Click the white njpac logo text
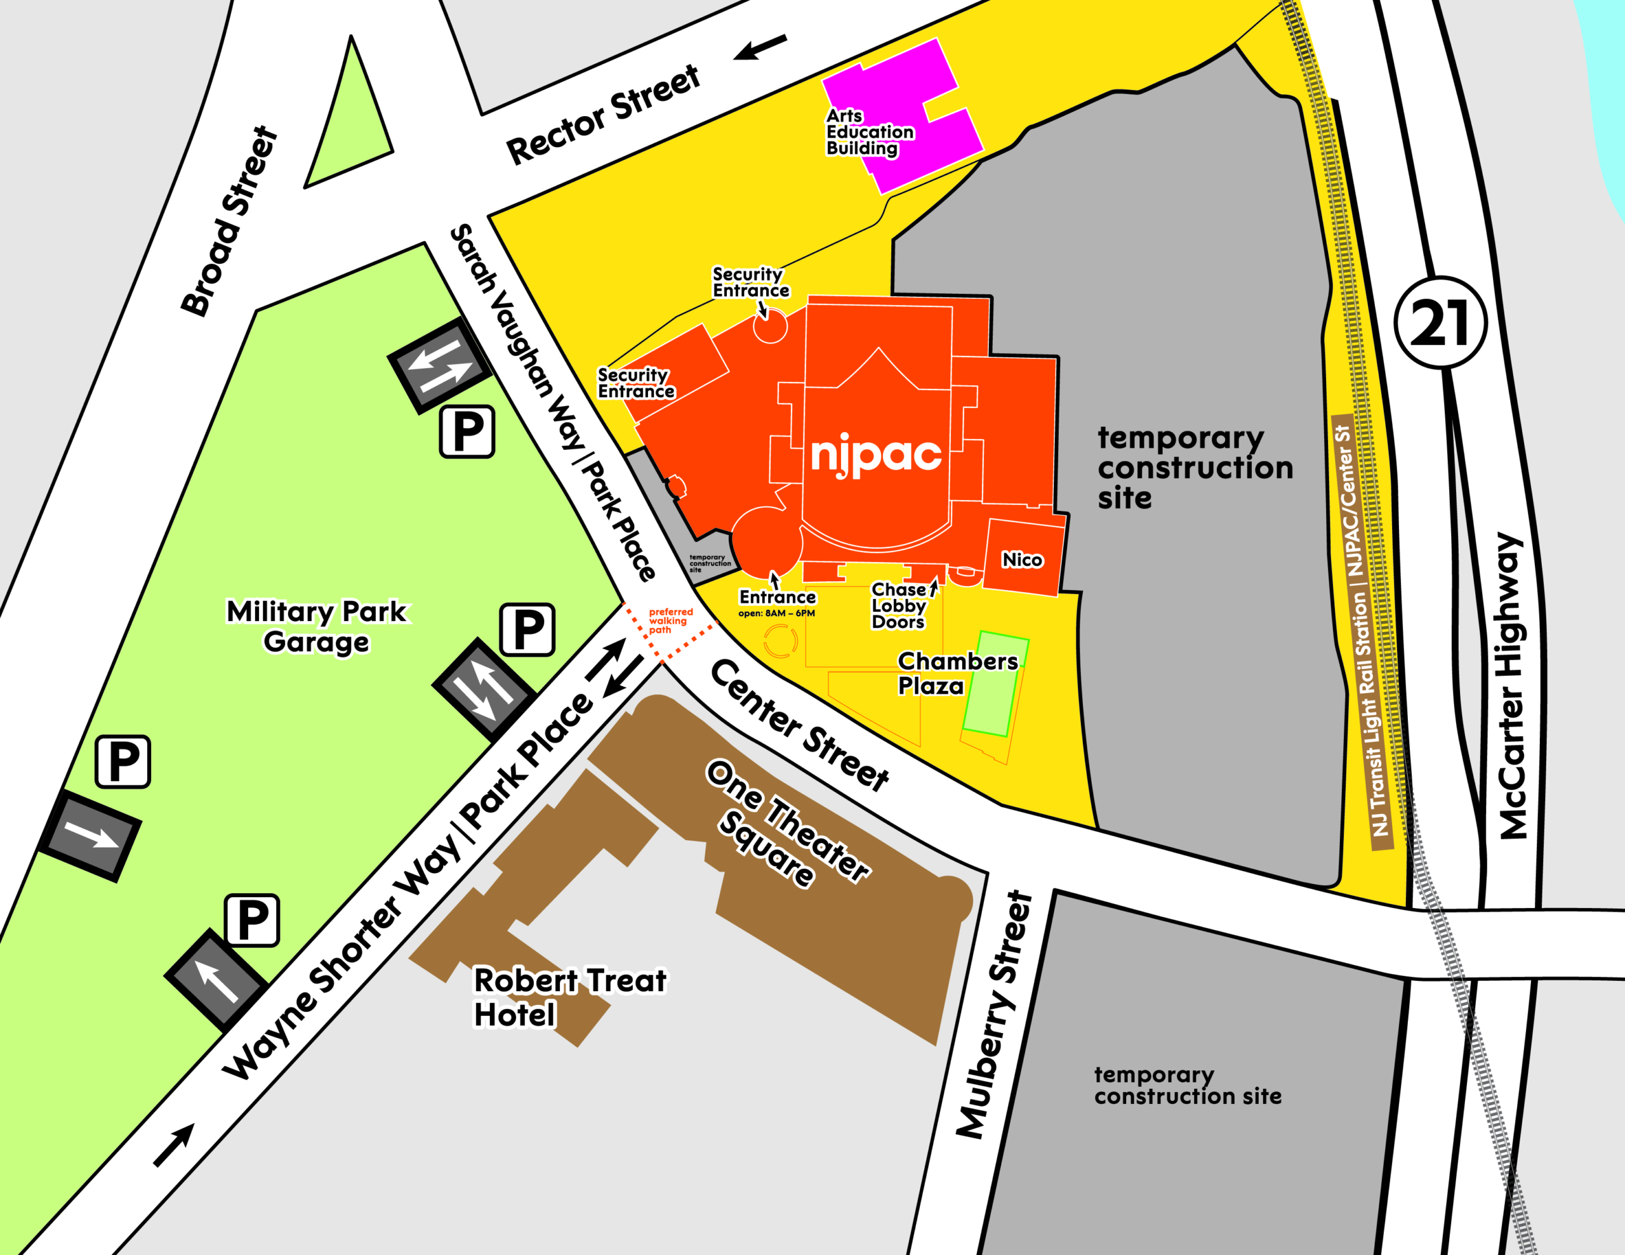[876, 454]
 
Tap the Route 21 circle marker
[1440, 322]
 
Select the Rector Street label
[602, 115]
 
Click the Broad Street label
[229, 221]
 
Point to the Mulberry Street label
[994, 1015]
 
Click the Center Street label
[800, 725]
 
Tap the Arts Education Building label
[868, 133]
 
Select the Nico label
[1023, 560]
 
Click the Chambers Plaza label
[957, 673]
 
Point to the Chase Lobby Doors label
[899, 605]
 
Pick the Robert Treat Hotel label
[569, 997]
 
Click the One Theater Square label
[787, 823]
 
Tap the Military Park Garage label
[317, 626]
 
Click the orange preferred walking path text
[670, 621]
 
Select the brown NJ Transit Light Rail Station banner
[1362, 633]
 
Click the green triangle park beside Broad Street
[349, 126]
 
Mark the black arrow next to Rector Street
[760, 47]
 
